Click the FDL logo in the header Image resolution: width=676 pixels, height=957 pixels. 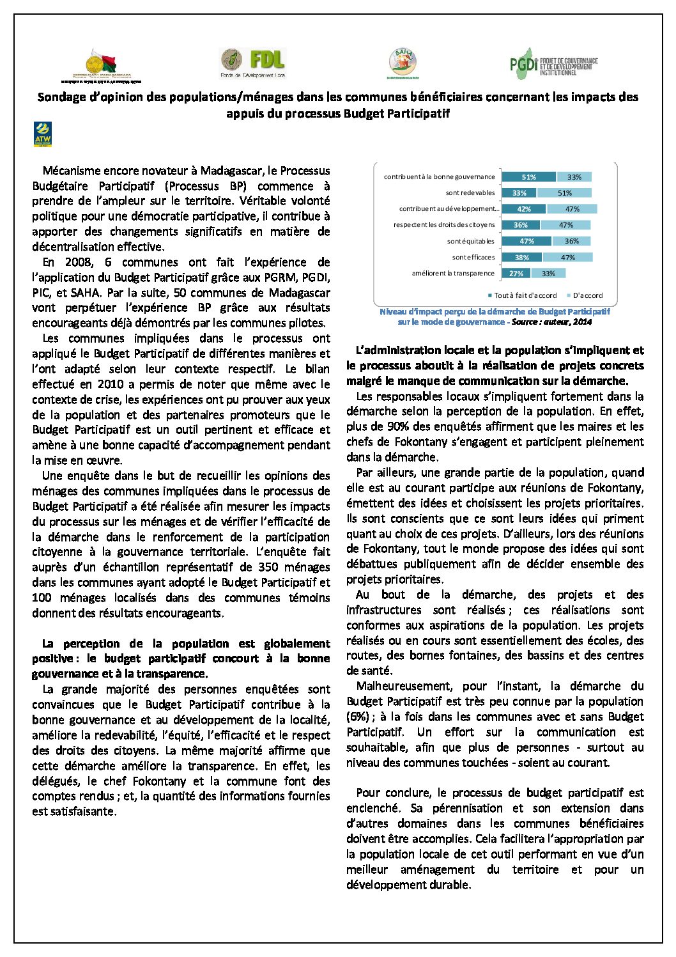tap(252, 63)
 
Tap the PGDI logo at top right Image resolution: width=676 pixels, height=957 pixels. tap(553, 63)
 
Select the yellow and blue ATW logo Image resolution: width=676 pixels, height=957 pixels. tap(42, 134)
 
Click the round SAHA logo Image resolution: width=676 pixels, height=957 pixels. tap(403, 63)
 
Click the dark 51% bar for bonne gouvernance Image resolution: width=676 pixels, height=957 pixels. tap(528, 177)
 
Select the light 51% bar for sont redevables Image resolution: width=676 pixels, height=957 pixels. tap(564, 193)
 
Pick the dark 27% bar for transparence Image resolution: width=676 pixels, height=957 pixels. tap(516, 274)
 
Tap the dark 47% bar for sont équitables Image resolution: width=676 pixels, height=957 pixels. tap(526, 242)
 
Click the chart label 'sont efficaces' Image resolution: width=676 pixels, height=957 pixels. tap(473, 258)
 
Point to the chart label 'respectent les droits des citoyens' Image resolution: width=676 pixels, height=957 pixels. tap(444, 225)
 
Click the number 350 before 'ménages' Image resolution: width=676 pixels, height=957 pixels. tap(267, 567)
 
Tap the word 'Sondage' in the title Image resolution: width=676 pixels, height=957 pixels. tap(61, 97)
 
